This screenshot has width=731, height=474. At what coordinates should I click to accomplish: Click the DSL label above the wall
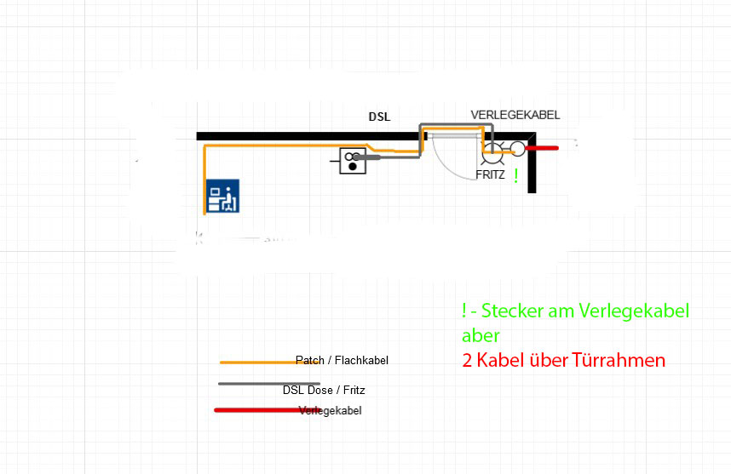point(379,117)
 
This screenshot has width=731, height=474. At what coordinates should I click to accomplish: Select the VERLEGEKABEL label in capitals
point(515,115)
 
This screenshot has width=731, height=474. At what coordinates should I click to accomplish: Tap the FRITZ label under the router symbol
point(490,174)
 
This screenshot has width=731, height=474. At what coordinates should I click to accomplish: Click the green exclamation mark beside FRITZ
point(515,176)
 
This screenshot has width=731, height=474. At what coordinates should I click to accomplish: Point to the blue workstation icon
point(223,196)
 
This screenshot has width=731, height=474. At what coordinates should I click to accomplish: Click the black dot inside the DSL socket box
point(353,166)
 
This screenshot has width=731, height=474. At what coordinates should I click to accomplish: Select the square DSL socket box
point(353,161)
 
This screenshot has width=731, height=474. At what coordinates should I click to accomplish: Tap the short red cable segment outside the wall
point(542,148)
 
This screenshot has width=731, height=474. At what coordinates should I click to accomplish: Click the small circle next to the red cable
point(517,149)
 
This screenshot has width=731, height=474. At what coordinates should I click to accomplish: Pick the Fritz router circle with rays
point(492,151)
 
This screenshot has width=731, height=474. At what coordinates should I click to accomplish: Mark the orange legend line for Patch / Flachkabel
point(270,363)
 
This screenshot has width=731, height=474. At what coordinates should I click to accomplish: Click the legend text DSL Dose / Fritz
point(324,391)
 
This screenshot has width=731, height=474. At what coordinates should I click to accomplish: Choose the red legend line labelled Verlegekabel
point(268,410)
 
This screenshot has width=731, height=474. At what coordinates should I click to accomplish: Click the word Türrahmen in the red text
point(619,360)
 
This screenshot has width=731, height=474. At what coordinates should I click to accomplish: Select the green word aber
point(481,335)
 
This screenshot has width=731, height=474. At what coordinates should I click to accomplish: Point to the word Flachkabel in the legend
point(361,360)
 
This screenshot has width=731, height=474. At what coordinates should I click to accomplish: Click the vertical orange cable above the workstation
point(204,180)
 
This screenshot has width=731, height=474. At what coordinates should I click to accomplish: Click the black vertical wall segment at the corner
point(532,163)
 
